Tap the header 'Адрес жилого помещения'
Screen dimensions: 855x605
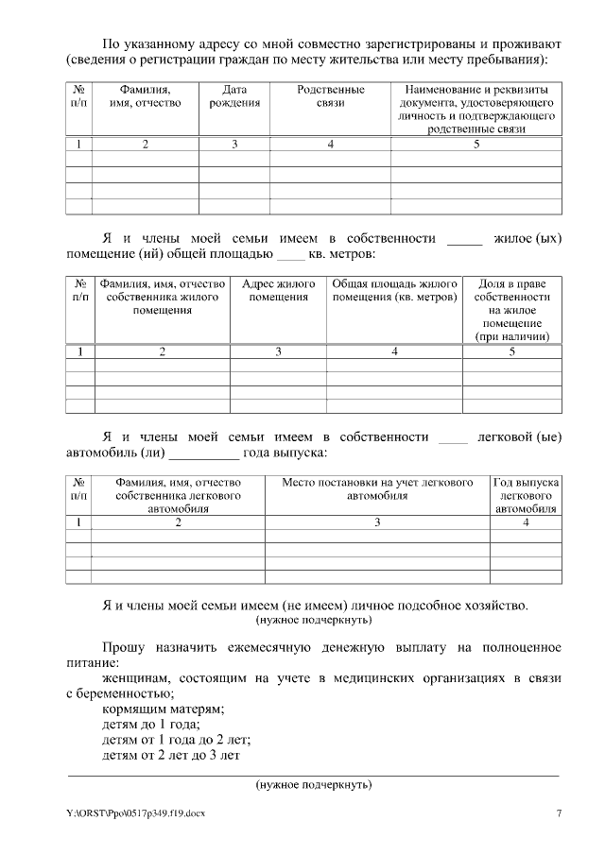point(278,290)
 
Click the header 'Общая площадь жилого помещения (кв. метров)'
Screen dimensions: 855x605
point(393,290)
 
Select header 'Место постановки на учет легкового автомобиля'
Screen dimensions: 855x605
point(377,488)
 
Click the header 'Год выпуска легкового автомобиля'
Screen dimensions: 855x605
point(526,495)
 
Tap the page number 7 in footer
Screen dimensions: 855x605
point(559,812)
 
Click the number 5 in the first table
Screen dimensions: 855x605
point(476,145)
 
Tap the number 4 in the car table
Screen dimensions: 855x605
point(526,522)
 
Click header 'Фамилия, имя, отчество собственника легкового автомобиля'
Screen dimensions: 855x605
point(178,495)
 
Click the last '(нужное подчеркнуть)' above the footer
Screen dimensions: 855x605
point(313,785)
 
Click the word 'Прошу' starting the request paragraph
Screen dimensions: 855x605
point(123,648)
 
